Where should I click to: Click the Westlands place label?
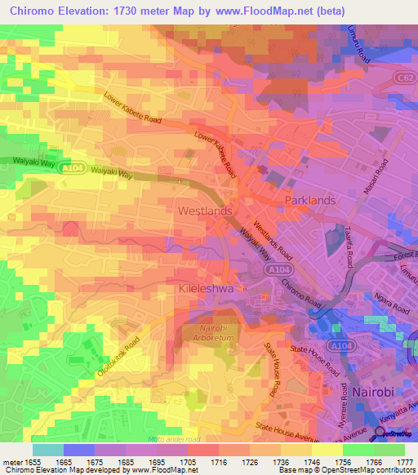(205, 211)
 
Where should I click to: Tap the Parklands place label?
(309, 200)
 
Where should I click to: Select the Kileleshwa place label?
(206, 289)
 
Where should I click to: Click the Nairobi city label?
(375, 392)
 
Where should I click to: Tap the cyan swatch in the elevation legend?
(47, 450)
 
